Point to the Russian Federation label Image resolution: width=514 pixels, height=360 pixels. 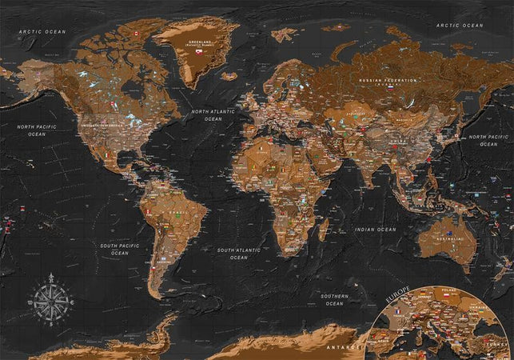coord(388,82)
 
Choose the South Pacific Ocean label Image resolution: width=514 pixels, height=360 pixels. coord(119,249)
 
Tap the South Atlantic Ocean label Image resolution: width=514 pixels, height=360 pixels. coord(238,254)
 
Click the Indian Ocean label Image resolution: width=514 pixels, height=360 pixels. coord(376,230)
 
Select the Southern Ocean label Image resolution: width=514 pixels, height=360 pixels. coord(334,300)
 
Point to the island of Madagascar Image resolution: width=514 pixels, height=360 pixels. coord(323,232)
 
